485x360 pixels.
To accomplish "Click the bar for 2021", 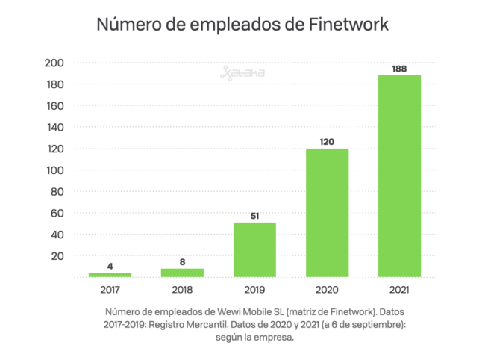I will coord(399,176).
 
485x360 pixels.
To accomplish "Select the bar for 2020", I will coord(327,213).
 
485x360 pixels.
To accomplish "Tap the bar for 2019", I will coord(254,249).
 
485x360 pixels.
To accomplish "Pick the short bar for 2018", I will coord(182,273).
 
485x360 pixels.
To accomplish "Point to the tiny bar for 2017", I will coord(110,275).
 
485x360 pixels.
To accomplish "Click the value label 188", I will coord(399,69).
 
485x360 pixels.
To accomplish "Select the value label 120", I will coord(327,142).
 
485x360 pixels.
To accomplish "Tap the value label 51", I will coord(254,216).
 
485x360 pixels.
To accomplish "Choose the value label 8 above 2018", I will coord(182,262).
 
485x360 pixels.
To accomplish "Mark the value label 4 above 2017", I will coord(110,267).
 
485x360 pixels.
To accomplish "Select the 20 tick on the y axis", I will coord(57,256).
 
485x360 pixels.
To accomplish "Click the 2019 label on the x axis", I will coord(254,289).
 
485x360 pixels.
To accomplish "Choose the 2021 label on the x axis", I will coord(399,289).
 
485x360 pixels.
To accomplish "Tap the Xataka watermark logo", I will coord(242,72).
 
